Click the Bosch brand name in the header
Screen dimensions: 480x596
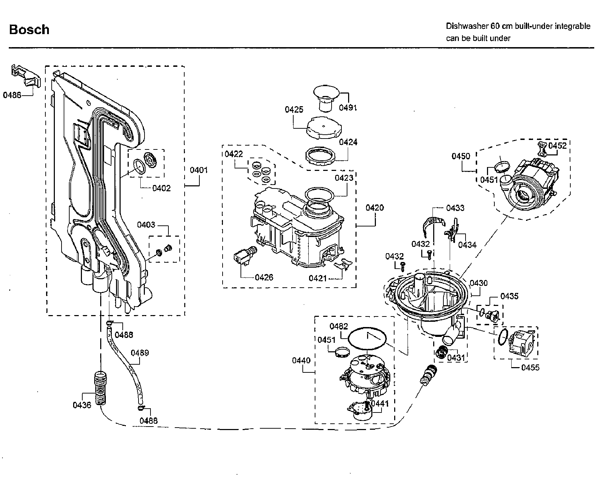pyautogui.click(x=29, y=30)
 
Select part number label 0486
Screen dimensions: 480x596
pyautogui.click(x=12, y=95)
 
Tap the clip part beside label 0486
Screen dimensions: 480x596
pyautogui.click(x=26, y=76)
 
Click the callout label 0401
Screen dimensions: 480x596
pyautogui.click(x=199, y=170)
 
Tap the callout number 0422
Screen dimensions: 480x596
pyautogui.click(x=234, y=154)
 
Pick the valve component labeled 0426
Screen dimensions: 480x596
pyautogui.click(x=245, y=256)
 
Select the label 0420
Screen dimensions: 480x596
pyautogui.click(x=375, y=207)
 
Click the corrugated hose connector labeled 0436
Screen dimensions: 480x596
pyautogui.click(x=101, y=389)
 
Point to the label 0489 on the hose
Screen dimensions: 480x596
pyautogui.click(x=140, y=353)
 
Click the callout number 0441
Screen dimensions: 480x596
pyautogui.click(x=380, y=403)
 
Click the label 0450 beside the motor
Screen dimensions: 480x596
pyautogui.click(x=461, y=156)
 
